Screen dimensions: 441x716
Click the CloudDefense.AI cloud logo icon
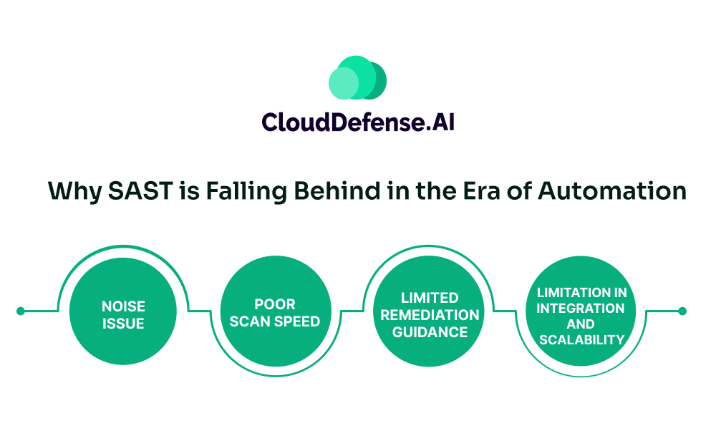click(357, 78)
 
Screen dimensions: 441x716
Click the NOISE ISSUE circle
click(123, 315)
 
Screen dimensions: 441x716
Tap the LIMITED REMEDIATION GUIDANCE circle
click(430, 315)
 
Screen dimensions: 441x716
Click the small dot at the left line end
click(20, 311)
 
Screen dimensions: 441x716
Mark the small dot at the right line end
click(682, 311)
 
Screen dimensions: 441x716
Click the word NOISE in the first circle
click(123, 307)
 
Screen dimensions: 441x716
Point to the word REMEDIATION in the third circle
click(430, 315)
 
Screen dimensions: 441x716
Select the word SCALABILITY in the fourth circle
click(581, 339)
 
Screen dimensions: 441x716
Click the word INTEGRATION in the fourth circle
click(581, 308)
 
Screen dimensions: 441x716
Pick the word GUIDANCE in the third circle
click(430, 332)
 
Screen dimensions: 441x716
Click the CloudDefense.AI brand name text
click(358, 122)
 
